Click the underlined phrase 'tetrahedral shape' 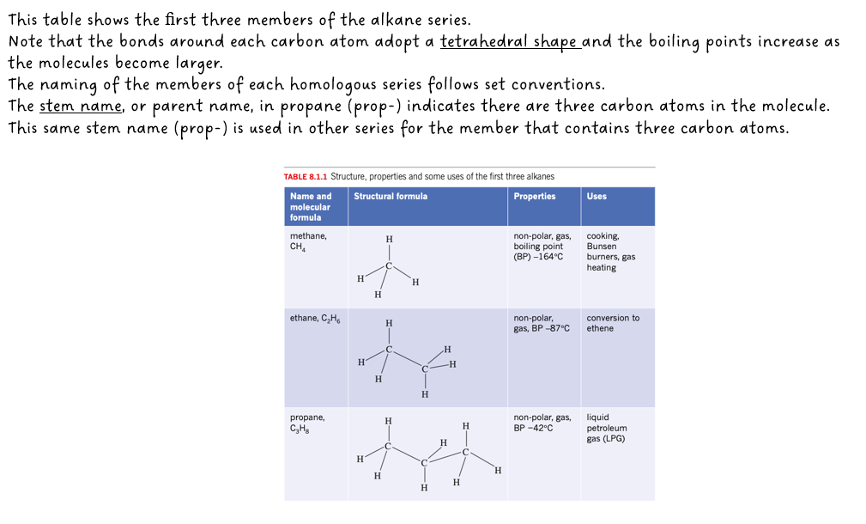(511, 41)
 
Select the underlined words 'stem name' (82, 107)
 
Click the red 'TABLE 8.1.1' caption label (305, 176)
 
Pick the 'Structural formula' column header (391, 196)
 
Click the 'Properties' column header (534, 196)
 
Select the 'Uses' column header (597, 196)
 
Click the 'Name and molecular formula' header (311, 206)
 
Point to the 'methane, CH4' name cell (307, 241)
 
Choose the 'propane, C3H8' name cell (306, 423)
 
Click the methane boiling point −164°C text (538, 257)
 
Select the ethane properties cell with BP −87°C (541, 323)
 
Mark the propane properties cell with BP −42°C (542, 422)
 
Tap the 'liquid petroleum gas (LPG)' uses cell (606, 428)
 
